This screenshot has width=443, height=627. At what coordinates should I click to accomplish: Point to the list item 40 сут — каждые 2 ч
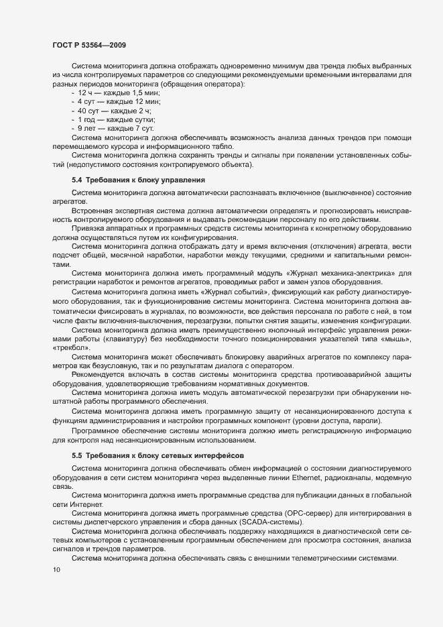click(x=113, y=109)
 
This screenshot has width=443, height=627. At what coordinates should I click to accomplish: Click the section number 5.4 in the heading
click(x=77, y=180)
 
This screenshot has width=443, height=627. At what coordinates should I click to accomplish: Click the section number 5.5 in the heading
click(x=77, y=455)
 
